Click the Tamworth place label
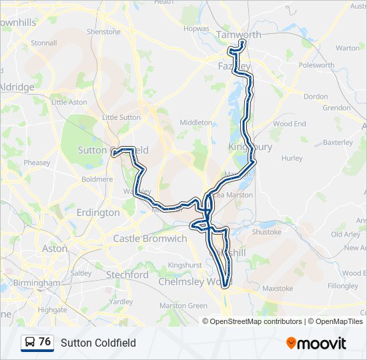coord(239,35)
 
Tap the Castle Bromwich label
coord(150,238)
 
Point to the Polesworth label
coord(316,65)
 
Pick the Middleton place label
coord(196,123)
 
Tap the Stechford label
coord(127,275)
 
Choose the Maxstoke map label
coord(278,289)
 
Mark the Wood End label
coord(289,124)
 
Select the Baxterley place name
coord(337,142)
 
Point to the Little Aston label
coord(69,102)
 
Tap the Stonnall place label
coord(43,43)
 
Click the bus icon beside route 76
coord(30,343)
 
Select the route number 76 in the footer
coord(45,342)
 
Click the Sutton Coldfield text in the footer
coord(98,343)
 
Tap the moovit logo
coord(316,343)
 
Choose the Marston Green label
coord(183,306)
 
